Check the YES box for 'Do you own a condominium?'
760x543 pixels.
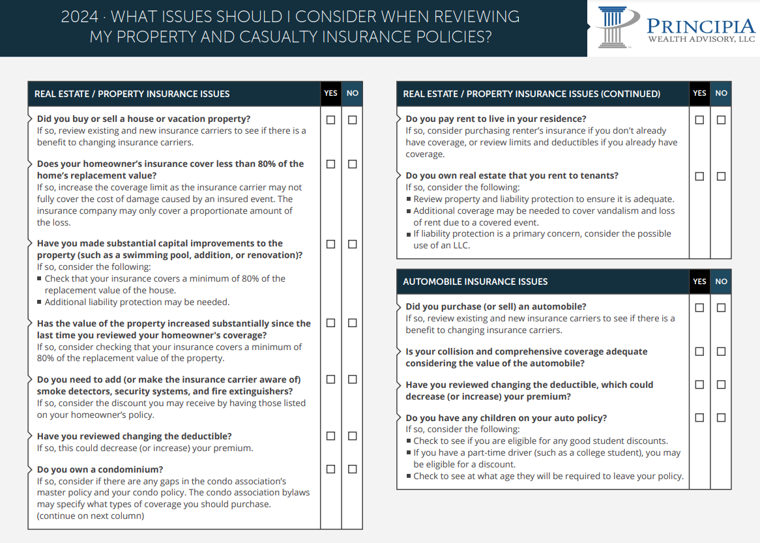331,469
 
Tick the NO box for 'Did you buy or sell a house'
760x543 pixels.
353,120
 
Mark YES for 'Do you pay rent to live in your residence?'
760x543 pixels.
700,120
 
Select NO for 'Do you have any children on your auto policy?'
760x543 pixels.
721,417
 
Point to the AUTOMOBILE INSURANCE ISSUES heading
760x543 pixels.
475,282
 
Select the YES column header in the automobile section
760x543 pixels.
699,282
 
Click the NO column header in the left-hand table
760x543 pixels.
353,93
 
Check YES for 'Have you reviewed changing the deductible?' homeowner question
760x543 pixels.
331,436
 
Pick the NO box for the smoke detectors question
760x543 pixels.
353,379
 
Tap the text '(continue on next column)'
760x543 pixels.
91,516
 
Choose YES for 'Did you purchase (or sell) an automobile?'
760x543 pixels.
700,307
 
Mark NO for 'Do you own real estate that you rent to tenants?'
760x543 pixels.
721,176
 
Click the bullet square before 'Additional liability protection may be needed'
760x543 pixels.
40,302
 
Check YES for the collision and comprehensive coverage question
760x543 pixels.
700,351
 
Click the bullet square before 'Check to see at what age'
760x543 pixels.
409,477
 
